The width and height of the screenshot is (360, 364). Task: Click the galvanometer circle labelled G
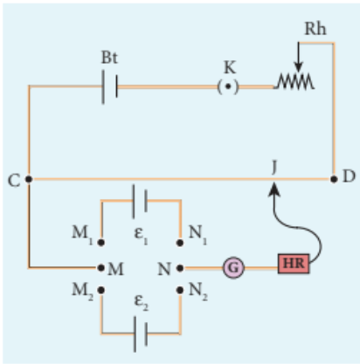click(233, 267)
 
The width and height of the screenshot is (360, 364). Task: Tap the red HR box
click(294, 264)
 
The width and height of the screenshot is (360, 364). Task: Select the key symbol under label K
click(228, 86)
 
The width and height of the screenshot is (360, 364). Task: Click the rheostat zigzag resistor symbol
click(294, 81)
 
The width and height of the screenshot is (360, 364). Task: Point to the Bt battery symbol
click(110, 86)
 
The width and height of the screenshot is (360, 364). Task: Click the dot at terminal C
click(29, 179)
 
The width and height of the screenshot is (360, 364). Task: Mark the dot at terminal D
click(334, 179)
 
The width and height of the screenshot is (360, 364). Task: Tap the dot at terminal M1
click(101, 243)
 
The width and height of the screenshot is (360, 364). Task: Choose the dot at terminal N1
click(180, 243)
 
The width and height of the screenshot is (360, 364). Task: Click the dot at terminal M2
click(101, 290)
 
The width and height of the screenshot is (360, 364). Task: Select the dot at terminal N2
click(180, 290)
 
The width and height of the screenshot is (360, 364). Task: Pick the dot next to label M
click(101, 268)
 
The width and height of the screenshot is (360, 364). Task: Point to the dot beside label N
click(180, 268)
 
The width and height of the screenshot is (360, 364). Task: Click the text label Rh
click(315, 29)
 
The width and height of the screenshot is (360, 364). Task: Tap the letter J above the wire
click(273, 168)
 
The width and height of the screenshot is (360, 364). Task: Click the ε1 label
click(141, 233)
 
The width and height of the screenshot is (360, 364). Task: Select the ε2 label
click(142, 302)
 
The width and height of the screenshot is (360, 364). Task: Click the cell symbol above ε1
click(140, 201)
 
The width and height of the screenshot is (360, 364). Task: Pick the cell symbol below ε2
click(141, 333)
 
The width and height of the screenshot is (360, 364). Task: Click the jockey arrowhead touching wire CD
click(273, 189)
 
